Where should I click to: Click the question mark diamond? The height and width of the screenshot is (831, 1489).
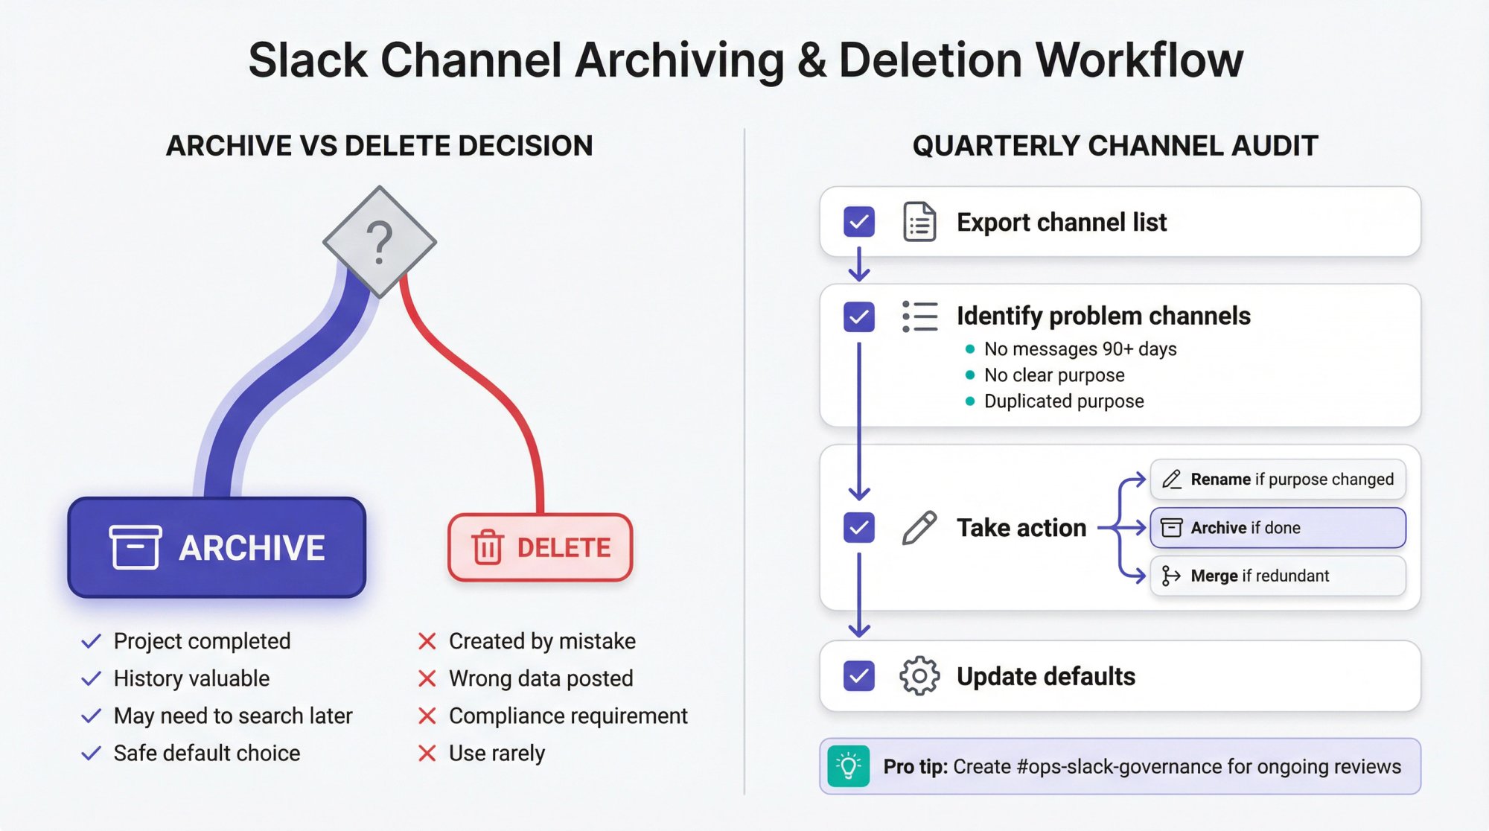[x=380, y=242]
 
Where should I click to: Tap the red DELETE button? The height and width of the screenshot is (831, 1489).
[x=541, y=547]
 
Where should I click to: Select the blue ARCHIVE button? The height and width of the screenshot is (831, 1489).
[x=217, y=547]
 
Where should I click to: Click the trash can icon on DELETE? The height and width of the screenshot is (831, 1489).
[x=488, y=547]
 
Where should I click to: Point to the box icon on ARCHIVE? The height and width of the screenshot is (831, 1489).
[x=135, y=547]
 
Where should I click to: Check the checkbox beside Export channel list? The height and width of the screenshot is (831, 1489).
[x=859, y=222]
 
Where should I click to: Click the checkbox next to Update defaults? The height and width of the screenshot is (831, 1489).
[x=859, y=676]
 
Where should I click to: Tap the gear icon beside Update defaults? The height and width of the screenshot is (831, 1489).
[x=919, y=676]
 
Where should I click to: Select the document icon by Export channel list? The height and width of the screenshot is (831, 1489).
[x=919, y=222]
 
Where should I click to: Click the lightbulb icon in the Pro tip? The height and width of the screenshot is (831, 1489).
[x=848, y=766]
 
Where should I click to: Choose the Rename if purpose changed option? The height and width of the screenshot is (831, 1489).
[x=1278, y=480]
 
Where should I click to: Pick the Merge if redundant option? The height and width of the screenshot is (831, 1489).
[x=1278, y=576]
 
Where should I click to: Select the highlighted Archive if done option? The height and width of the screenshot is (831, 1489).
[x=1278, y=528]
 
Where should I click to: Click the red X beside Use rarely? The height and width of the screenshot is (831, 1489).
[x=427, y=754]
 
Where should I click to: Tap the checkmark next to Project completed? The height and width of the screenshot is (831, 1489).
[x=91, y=641]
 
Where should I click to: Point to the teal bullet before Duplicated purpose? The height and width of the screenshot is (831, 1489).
[x=969, y=401]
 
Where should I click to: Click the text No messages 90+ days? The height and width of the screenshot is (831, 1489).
[x=1080, y=349]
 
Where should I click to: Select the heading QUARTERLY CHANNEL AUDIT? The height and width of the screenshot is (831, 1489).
[x=1115, y=146]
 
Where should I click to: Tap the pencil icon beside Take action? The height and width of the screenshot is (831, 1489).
[x=919, y=528]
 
